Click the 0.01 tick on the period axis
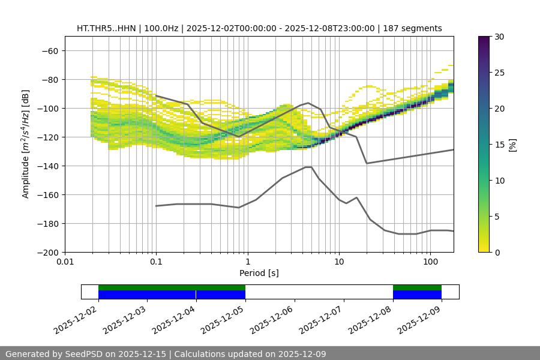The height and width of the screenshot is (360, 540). coord(65,262)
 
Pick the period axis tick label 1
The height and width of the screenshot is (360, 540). coord(247,262)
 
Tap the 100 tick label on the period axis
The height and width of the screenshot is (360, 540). coord(430,262)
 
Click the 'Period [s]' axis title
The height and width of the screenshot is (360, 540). coord(259,273)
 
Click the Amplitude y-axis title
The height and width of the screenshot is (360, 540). coord(26,144)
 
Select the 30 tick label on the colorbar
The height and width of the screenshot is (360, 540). coord(499,37)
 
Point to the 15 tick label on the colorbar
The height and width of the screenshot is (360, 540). coord(499,145)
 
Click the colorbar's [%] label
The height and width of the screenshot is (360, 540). coord(512,145)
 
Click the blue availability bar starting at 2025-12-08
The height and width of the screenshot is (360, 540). coord(417,295)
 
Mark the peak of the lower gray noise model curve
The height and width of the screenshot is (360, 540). coord(308,167)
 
